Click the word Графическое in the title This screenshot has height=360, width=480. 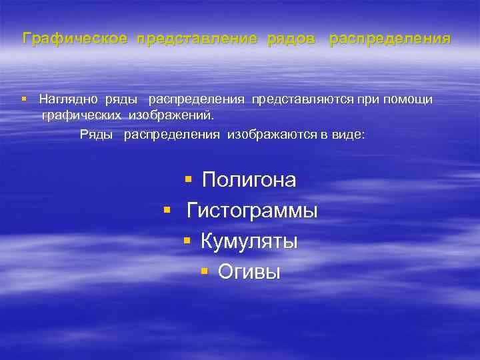pos(75,39)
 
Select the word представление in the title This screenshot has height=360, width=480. pos(197,39)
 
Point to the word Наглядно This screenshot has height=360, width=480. pos(67,99)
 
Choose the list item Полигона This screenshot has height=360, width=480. pos(249,180)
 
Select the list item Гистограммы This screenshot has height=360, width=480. pos(252,211)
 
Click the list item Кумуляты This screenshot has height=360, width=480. pos(249,241)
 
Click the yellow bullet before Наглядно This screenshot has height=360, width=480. pos(24,99)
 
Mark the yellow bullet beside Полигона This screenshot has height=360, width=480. pos(188,179)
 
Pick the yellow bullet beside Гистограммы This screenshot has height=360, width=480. pos(167,211)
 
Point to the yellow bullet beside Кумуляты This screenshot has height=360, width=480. pos(188,241)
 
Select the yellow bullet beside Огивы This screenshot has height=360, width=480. pos(205,271)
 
